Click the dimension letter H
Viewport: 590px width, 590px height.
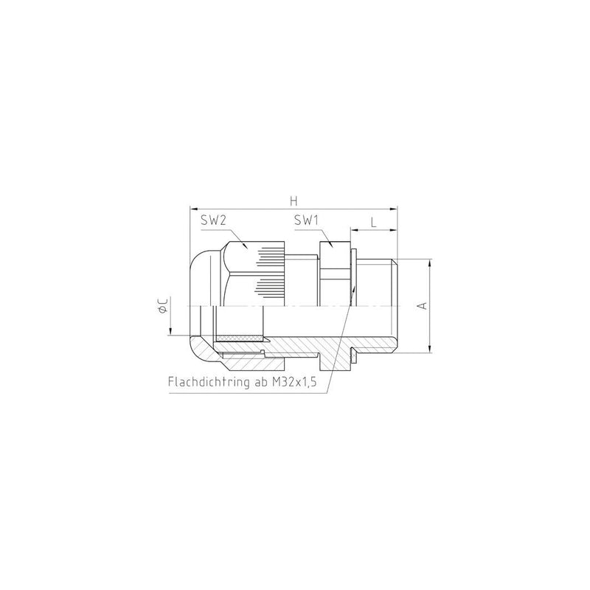[294, 201]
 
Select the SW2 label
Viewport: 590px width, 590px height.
[213, 220]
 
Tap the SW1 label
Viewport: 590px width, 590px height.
[306, 220]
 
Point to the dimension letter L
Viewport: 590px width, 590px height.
[373, 223]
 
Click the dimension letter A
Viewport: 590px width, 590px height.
[423, 305]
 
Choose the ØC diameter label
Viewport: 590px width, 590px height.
[163, 305]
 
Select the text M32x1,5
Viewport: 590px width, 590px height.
[294, 382]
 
